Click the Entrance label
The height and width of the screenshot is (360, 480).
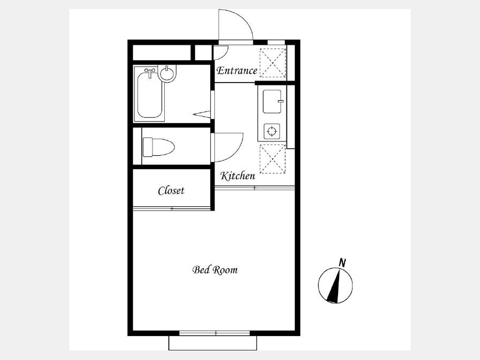click(x=237, y=71)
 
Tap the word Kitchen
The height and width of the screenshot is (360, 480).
click(x=237, y=175)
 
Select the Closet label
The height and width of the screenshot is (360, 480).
click(x=171, y=190)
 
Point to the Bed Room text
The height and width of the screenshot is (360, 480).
click(x=215, y=270)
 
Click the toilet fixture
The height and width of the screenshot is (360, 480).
click(x=158, y=147)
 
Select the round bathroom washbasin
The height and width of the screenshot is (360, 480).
click(x=167, y=74)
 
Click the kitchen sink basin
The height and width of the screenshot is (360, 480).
click(x=272, y=101)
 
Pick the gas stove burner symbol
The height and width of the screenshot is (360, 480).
click(x=272, y=132)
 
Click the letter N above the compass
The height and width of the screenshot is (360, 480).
click(x=342, y=262)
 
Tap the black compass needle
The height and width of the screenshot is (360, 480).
click(x=334, y=285)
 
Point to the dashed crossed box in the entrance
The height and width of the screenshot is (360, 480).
click(x=273, y=63)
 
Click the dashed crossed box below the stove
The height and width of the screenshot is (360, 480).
click(x=273, y=159)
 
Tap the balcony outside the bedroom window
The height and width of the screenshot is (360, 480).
click(x=213, y=343)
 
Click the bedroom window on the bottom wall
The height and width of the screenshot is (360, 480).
click(x=214, y=333)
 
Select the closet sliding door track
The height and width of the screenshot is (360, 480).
click(x=172, y=209)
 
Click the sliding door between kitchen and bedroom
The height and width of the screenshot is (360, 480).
click(x=254, y=188)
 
